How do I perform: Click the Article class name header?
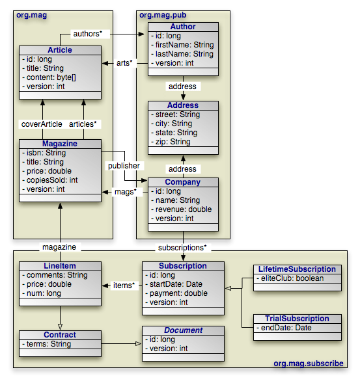click(60, 50)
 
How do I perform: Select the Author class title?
click(183, 27)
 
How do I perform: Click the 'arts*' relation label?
click(124, 62)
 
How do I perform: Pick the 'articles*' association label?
click(83, 124)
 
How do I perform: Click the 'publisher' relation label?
click(124, 166)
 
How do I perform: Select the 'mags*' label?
click(124, 192)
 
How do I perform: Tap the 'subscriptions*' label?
click(183, 248)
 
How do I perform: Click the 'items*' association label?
click(124, 285)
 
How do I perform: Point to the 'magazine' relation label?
click(60, 247)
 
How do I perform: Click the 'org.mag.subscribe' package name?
click(308, 363)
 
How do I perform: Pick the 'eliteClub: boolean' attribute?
click(292, 278)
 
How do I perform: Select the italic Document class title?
click(183, 330)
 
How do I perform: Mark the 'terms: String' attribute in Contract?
click(49, 344)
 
